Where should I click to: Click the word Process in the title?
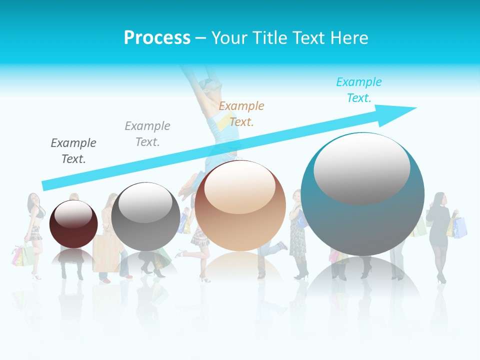157,38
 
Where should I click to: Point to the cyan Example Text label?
358,90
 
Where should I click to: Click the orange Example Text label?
241,113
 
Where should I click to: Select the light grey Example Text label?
147,133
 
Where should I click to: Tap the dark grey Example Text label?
73,150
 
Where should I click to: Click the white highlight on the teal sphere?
361,167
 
